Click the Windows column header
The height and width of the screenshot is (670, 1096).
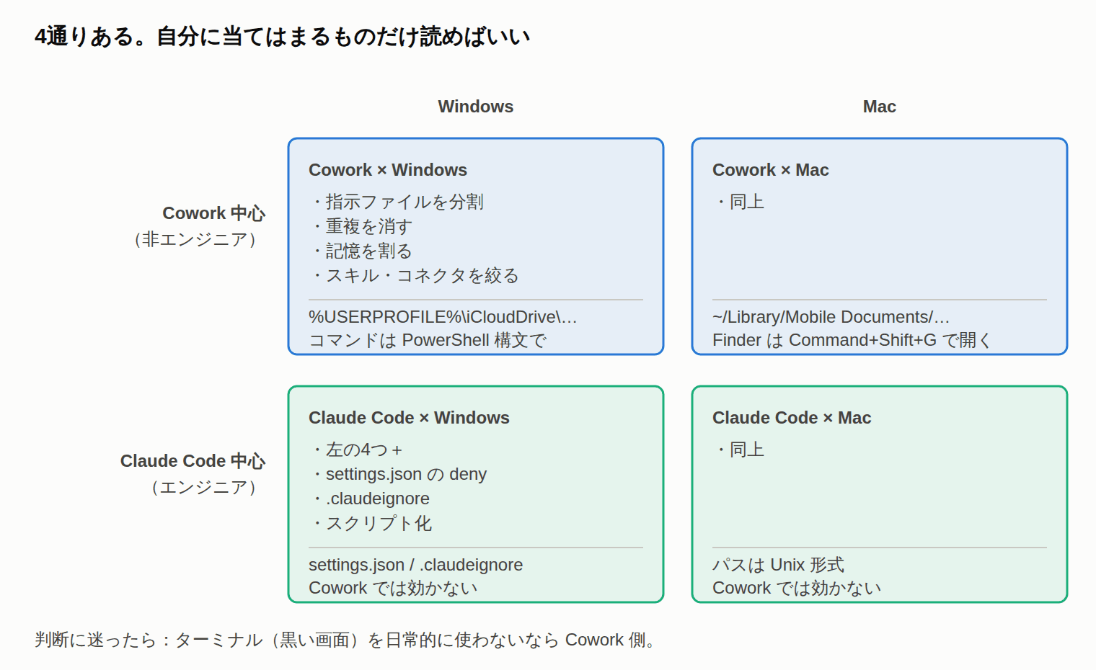click(x=476, y=107)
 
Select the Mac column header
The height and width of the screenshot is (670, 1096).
click(x=879, y=107)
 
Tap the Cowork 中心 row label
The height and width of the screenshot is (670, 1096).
click(x=214, y=213)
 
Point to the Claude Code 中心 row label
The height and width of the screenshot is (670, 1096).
click(x=193, y=461)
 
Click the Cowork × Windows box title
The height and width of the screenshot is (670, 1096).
click(x=387, y=170)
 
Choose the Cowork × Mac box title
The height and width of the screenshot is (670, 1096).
click(x=771, y=170)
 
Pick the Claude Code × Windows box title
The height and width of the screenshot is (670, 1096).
click(x=409, y=418)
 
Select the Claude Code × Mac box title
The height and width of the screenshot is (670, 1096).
click(x=792, y=418)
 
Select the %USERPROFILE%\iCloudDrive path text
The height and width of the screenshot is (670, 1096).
click(x=443, y=317)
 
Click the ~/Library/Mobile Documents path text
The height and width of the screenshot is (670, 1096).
click(x=831, y=317)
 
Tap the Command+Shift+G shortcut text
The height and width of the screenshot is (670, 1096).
click(x=862, y=340)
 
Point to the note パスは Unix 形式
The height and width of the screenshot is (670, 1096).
click(x=778, y=565)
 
